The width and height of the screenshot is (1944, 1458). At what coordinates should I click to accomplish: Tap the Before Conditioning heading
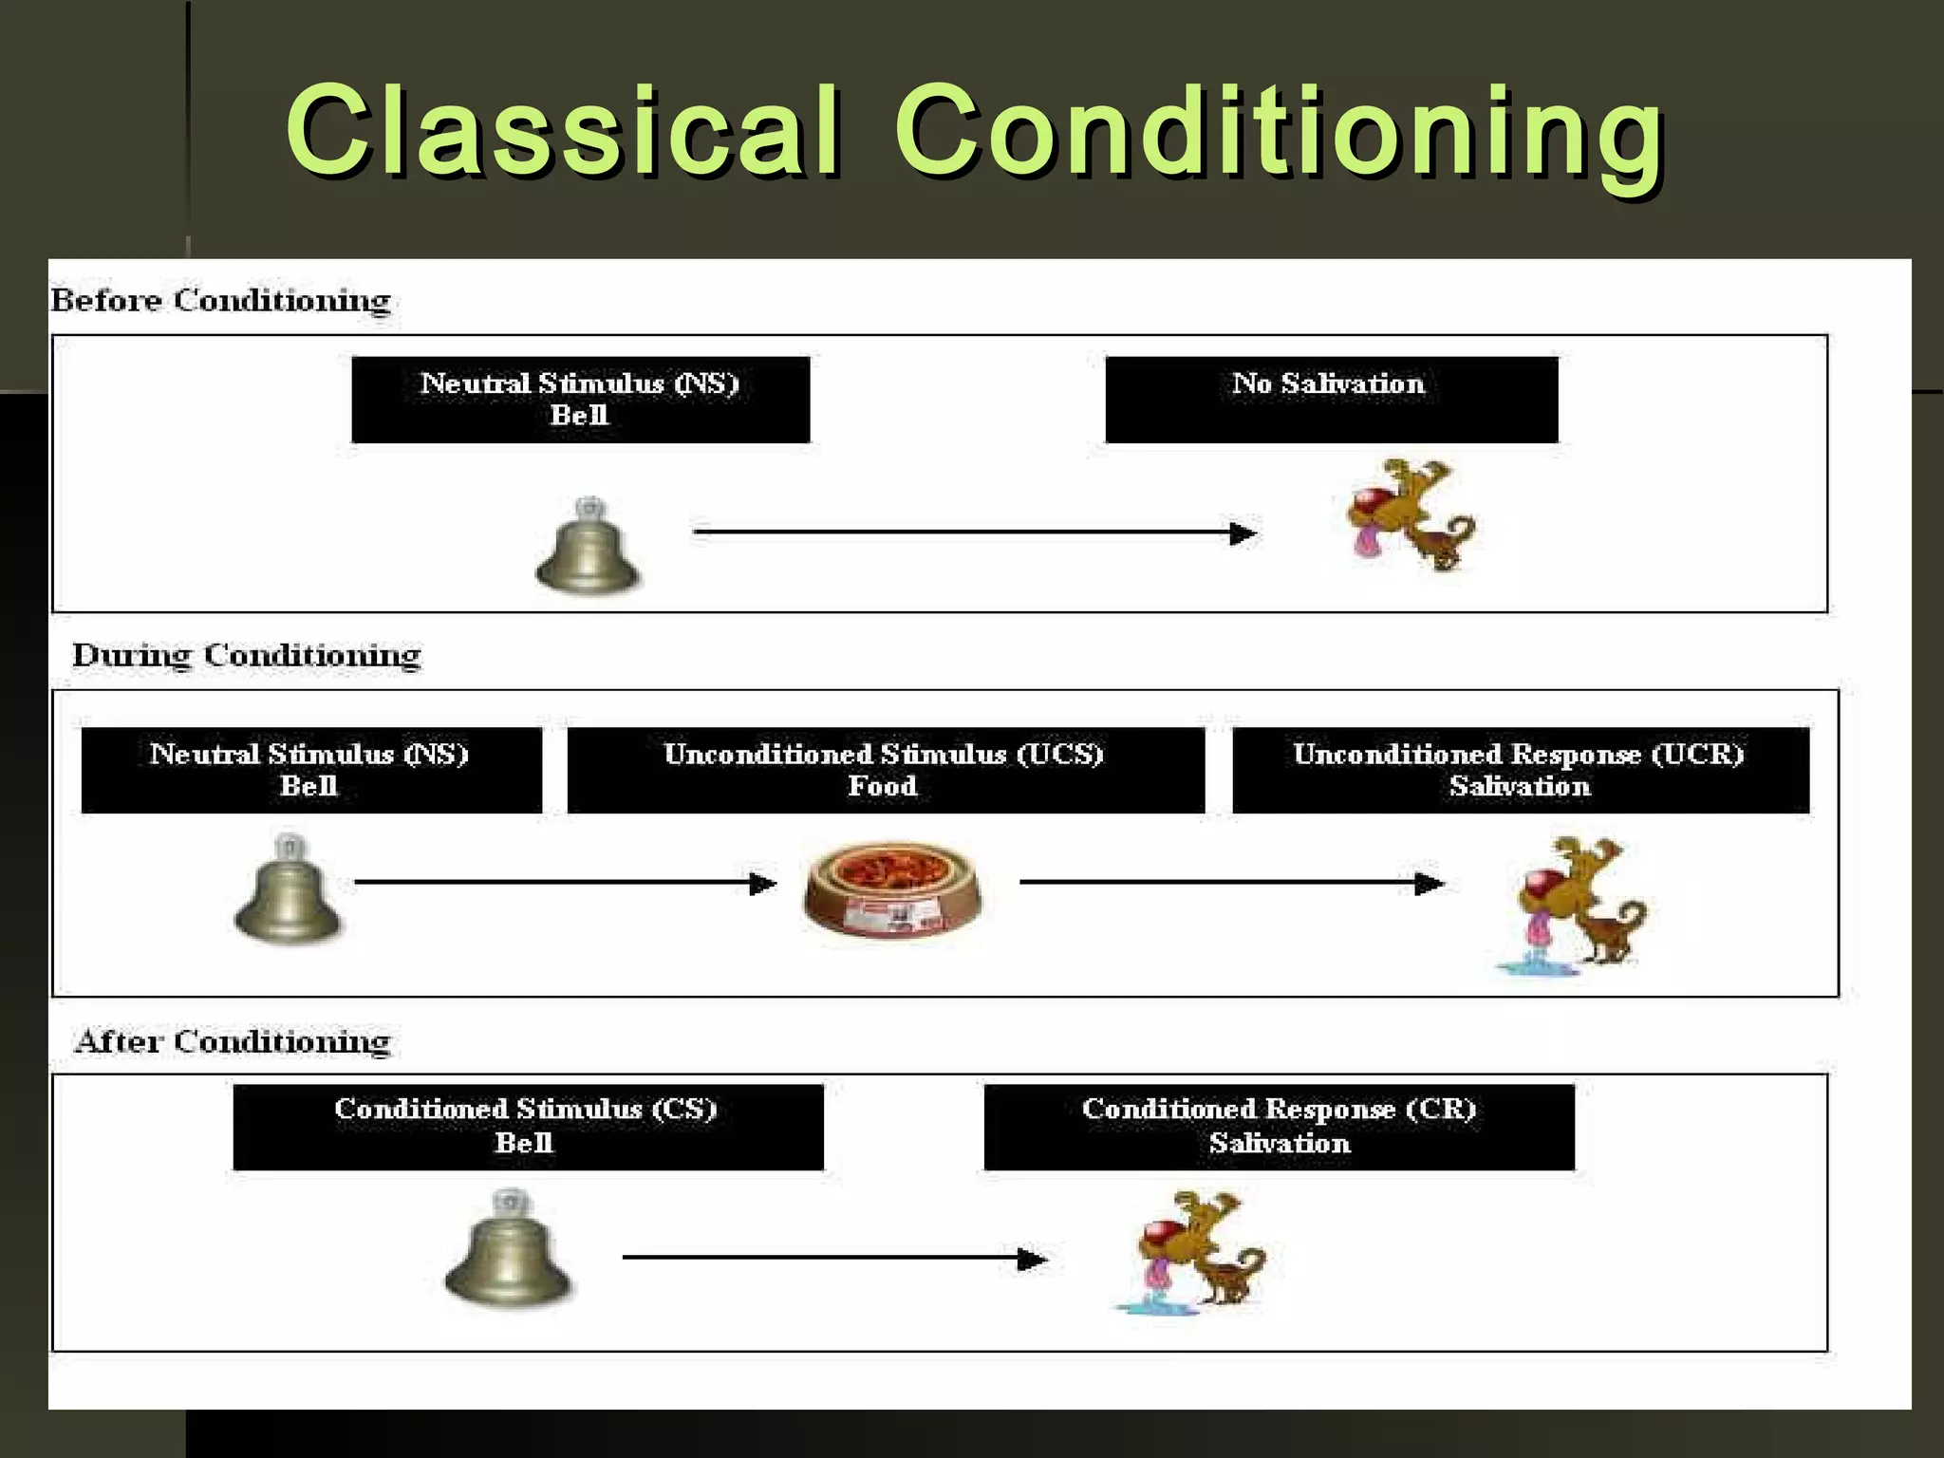(220, 300)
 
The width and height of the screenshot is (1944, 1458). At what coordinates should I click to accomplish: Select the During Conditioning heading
(247, 655)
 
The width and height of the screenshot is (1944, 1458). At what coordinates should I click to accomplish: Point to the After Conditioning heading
(233, 1041)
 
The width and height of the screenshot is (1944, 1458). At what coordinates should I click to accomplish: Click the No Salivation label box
(1331, 400)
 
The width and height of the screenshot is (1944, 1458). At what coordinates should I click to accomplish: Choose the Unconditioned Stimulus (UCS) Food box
(885, 770)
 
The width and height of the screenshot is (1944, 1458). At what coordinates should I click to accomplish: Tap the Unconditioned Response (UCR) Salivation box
(1520, 770)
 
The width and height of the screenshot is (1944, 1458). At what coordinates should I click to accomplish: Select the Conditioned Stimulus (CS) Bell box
(527, 1127)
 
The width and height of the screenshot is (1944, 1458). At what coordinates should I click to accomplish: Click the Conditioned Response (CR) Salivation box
(1279, 1127)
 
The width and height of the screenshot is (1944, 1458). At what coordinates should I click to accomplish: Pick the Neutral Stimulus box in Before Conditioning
(580, 400)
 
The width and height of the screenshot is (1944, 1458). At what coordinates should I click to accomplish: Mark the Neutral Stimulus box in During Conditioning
(310, 770)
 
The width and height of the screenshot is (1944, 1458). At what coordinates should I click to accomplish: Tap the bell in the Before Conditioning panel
(589, 548)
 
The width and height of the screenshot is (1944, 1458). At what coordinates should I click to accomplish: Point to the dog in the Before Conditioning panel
(1410, 515)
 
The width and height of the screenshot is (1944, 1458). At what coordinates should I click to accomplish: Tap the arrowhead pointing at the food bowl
(763, 884)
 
